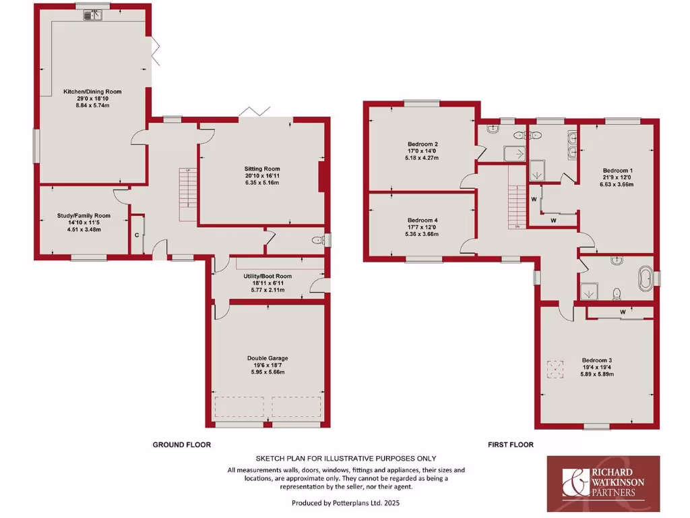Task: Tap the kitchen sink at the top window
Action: point(92,15)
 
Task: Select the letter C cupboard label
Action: point(137,235)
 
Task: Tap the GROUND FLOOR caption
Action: point(181,444)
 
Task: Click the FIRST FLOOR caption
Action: point(510,444)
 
